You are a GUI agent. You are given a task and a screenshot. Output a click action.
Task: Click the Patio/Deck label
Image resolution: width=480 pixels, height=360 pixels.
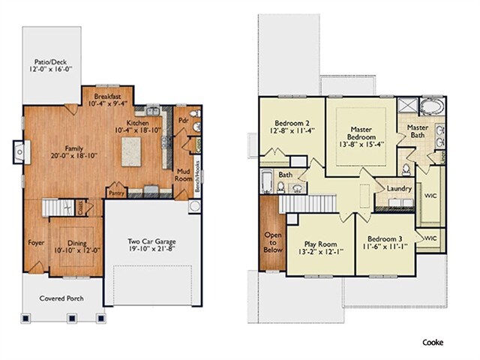point(50,62)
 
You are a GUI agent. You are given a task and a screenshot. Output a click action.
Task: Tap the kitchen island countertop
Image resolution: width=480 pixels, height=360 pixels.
point(131,151)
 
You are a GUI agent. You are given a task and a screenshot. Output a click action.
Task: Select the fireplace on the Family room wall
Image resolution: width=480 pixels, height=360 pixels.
point(22,151)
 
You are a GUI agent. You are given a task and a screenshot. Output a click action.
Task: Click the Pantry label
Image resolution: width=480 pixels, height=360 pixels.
point(117,193)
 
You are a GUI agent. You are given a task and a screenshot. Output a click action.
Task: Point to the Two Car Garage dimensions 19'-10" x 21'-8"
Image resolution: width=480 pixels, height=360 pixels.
point(151,249)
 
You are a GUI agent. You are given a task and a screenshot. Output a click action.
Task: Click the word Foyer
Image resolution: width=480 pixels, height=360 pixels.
point(36,243)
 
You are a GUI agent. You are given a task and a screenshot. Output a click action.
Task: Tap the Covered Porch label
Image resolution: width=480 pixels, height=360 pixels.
point(61,298)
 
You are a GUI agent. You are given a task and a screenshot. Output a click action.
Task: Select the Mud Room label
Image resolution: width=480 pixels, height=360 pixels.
point(183,175)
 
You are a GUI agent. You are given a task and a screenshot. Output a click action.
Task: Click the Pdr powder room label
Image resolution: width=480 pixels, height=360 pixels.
point(183,120)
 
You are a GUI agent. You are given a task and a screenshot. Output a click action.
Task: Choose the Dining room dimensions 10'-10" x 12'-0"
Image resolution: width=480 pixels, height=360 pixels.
point(77,250)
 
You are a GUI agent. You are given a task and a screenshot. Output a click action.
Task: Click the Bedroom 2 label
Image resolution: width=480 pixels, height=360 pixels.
point(292,123)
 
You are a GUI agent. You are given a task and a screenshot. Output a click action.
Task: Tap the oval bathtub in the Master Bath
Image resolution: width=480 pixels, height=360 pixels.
point(432,107)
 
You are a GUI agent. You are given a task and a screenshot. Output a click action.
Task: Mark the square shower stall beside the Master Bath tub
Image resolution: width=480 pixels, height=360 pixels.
point(407,106)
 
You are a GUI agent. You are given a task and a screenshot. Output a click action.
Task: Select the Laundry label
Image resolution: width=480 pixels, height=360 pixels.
point(399,188)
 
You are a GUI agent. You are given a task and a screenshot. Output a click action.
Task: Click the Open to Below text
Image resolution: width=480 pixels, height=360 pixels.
point(273,242)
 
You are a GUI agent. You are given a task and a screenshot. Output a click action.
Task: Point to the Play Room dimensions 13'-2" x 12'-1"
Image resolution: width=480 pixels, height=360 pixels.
point(320,252)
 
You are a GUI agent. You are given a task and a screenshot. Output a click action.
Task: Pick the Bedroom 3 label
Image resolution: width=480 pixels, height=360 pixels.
point(385,238)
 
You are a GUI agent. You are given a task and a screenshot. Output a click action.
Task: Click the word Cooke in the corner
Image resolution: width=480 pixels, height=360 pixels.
point(433,342)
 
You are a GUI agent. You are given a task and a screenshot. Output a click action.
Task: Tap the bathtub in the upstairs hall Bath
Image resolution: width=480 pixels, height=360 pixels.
point(267,181)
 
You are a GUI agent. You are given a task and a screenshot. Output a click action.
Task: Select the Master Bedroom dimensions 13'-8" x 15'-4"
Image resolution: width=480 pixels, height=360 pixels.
point(361,145)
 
